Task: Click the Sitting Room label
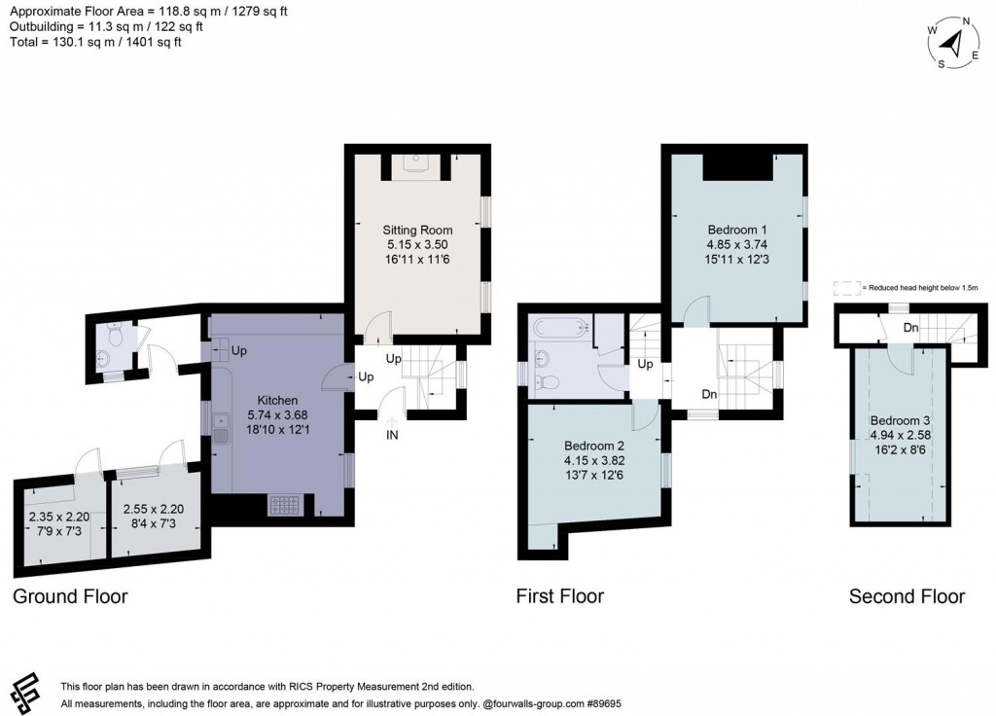pos(417,230)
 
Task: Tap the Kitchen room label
pos(277,400)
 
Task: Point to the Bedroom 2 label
pos(594,446)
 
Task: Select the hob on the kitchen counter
pos(284,504)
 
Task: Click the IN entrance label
pos(392,436)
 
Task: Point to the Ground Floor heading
pos(70,595)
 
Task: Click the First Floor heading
pos(560,595)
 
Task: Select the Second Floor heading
pos(907,595)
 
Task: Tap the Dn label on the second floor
pos(910,328)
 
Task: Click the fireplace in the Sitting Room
pos(418,162)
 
